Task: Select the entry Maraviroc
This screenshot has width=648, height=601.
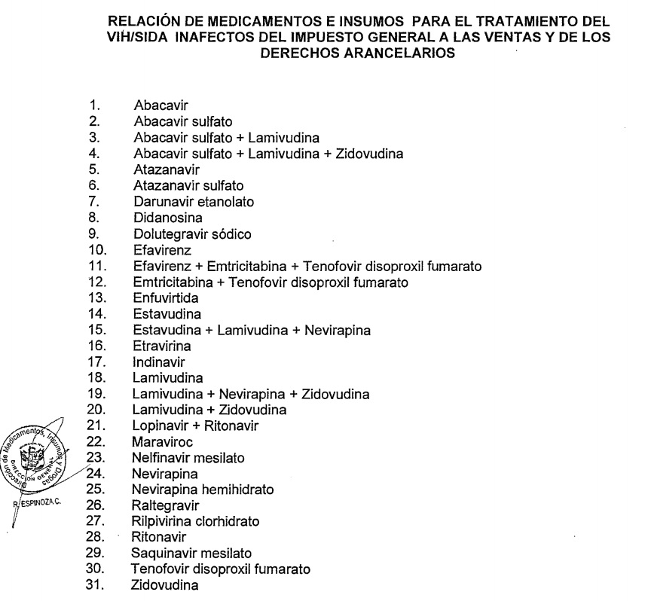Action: point(160,441)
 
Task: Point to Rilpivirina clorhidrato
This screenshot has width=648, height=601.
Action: point(194,520)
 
